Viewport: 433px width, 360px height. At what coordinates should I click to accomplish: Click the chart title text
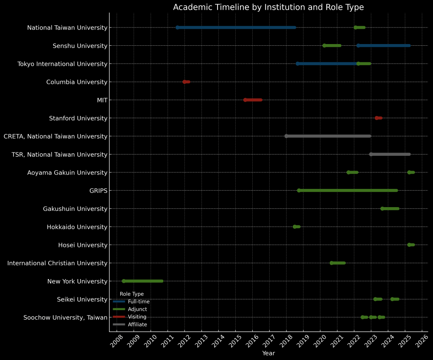pos(268,7)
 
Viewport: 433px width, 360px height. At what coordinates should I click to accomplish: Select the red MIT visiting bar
pos(253,100)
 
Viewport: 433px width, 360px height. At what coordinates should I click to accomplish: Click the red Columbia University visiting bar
pos(186,82)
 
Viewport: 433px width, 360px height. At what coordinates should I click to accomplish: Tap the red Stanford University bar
pos(378,118)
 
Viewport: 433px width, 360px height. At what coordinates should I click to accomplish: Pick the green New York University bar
pos(143,281)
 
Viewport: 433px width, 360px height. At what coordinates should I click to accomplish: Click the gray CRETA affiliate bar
pos(328,136)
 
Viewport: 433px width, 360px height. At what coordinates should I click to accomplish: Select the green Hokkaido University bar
pos(297,227)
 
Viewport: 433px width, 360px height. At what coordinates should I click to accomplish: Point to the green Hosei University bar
pos(411,245)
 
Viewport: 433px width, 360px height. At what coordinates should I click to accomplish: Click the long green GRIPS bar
pos(348,191)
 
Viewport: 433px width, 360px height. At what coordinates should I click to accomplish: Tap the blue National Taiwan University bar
pos(236,28)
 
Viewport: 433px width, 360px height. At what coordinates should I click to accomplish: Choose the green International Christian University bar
pos(338,263)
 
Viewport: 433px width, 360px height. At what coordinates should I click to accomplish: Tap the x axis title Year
pos(268,353)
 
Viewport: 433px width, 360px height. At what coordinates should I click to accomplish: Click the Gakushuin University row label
pos(75,209)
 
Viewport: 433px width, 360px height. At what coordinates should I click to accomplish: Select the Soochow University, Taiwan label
pos(65,318)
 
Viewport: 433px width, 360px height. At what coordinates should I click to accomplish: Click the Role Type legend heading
pos(132,294)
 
